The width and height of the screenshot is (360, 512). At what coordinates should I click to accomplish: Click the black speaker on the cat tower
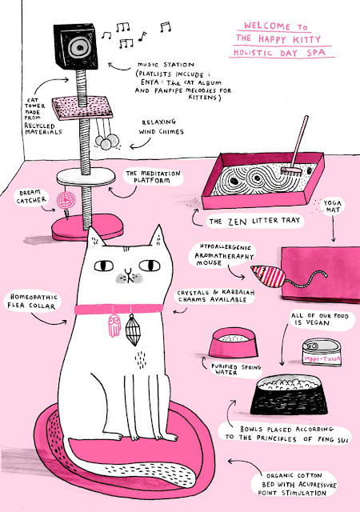pyautogui.click(x=76, y=46)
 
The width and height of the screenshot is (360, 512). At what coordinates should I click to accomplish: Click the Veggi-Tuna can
pyautogui.click(x=322, y=352)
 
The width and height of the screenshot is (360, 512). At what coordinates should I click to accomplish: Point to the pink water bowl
pyautogui.click(x=234, y=343)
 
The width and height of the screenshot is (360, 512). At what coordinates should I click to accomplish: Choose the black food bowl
pyautogui.click(x=289, y=394)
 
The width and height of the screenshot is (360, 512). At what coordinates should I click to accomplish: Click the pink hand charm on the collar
pyautogui.click(x=114, y=326)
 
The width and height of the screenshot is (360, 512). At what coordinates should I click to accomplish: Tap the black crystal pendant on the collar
pyautogui.click(x=132, y=330)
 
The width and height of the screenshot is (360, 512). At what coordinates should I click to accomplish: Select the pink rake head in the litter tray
pyautogui.click(x=291, y=170)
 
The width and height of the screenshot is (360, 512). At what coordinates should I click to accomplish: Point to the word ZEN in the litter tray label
pyautogui.click(x=237, y=222)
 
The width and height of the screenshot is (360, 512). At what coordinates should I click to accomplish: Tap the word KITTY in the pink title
pyautogui.click(x=306, y=39)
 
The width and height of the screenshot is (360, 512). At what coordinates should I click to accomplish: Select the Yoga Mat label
pyautogui.click(x=332, y=206)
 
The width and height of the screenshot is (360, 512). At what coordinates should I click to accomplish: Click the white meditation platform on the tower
pyautogui.click(x=86, y=177)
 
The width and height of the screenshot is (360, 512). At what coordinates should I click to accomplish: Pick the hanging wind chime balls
pyautogui.click(x=107, y=142)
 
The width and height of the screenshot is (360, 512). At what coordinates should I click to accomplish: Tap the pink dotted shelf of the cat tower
pyautogui.click(x=82, y=107)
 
